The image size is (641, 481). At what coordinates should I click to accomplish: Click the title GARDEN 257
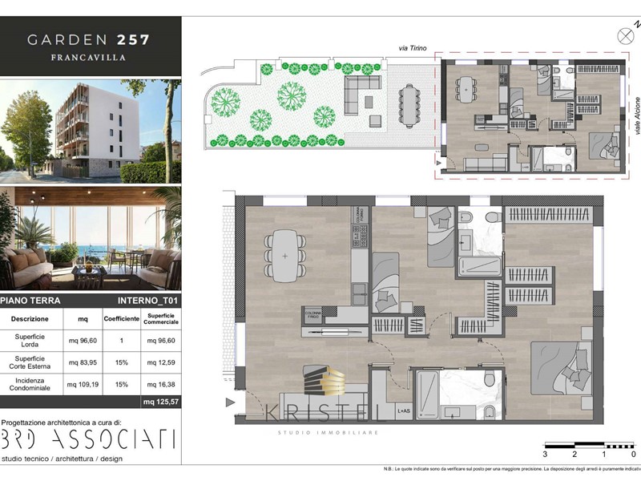(x=88, y=38)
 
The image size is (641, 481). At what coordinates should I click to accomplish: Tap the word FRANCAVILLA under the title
(x=88, y=58)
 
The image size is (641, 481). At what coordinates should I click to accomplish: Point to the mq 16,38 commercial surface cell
(x=161, y=384)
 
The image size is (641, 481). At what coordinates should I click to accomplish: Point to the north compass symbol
(x=626, y=35)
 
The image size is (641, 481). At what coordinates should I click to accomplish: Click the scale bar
(x=589, y=444)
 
